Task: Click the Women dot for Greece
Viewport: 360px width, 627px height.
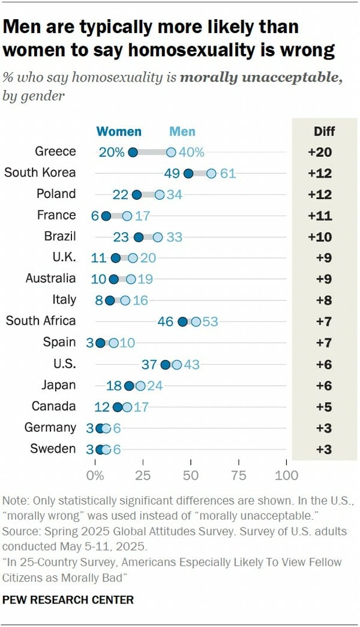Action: [133, 152]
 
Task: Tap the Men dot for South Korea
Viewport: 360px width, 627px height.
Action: [211, 173]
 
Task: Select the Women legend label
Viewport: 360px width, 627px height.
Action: [119, 131]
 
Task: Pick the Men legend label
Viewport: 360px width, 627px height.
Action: [182, 131]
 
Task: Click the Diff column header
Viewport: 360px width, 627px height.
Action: [324, 131]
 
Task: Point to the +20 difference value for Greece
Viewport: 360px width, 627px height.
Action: [320, 152]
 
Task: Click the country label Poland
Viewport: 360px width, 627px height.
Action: [56, 194]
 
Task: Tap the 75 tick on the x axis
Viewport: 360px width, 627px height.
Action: [239, 476]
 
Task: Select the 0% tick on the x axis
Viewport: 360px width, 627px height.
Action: [95, 476]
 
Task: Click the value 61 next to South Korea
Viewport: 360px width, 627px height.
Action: [228, 173]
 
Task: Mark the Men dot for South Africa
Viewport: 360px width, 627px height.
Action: [196, 322]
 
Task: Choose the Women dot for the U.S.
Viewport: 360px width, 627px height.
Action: [166, 364]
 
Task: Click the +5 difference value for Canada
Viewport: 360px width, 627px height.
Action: [324, 407]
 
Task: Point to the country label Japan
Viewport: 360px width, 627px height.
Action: [59, 385]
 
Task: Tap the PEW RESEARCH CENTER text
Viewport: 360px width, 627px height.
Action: [68, 599]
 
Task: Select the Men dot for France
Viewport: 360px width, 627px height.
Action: [127, 216]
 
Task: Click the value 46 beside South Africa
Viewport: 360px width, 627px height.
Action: [166, 322]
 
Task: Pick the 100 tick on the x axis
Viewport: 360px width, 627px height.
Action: [286, 476]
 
